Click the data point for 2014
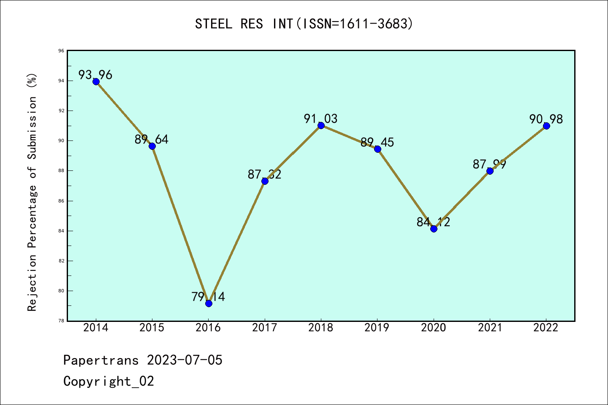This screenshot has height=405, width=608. [96, 81]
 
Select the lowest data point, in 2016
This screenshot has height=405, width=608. [209, 303]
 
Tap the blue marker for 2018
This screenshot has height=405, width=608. [321, 125]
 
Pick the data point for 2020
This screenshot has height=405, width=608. [434, 229]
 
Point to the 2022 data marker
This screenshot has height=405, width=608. [546, 126]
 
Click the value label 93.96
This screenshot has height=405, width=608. [95, 75]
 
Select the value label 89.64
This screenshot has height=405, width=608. [152, 139]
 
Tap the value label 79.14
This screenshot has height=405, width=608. [208, 297]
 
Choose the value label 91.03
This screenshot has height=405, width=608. [321, 119]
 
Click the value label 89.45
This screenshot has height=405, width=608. [377, 143]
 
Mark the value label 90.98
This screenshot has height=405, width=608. [546, 119]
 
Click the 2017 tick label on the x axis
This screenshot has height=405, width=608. [265, 328]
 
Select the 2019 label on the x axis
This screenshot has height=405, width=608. [377, 328]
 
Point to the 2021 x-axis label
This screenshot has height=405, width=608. [490, 328]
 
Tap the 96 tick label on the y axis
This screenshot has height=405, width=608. [62, 51]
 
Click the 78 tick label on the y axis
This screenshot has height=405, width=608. [62, 321]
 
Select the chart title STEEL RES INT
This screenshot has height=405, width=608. [304, 24]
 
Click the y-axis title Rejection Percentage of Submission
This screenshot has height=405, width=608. [32, 192]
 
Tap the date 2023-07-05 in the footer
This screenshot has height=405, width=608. [185, 360]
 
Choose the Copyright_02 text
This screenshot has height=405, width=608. [109, 381]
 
